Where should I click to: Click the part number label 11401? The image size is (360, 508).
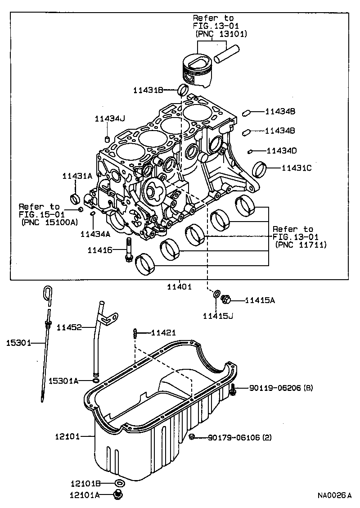point(179,286)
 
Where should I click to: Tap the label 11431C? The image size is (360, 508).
point(297,168)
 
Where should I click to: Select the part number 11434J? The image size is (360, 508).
point(109,118)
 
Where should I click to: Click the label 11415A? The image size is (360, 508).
point(260,300)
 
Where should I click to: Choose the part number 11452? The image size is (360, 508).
point(69,327)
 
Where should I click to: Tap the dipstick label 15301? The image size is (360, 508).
point(18,343)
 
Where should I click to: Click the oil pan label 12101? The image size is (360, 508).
point(67,436)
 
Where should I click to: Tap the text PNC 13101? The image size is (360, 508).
point(221,34)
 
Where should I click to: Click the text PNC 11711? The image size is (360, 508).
point(300,245)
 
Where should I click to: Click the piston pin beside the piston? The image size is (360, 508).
point(226,53)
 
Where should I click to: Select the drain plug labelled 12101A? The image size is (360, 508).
point(119,496)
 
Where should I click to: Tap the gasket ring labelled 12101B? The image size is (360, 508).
point(119,484)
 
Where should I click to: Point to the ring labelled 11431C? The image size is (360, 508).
point(261,170)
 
